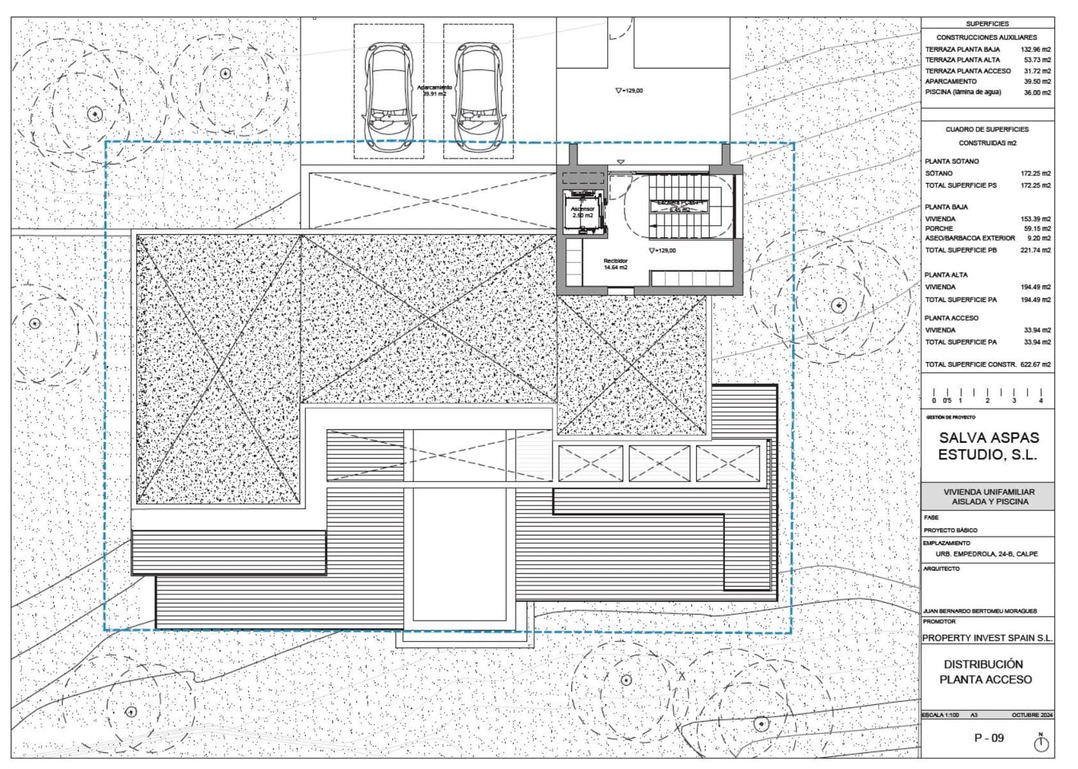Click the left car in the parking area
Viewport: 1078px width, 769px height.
point(389,98)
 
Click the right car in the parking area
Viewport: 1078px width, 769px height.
point(478,98)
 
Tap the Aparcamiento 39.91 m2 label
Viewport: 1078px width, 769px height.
point(435,91)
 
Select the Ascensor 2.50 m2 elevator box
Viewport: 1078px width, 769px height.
point(583,212)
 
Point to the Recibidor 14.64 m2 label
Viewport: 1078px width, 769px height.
point(615,264)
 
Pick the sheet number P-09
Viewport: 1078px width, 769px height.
point(989,738)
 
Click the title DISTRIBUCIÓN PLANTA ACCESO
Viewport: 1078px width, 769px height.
point(986,672)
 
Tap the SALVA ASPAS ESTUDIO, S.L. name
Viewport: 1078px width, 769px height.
point(988,446)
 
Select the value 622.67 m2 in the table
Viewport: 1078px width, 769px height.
point(1036,365)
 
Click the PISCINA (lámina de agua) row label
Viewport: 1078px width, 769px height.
point(963,92)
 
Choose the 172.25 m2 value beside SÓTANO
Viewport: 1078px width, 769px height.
point(1036,174)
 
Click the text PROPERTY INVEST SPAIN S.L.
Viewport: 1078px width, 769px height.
point(987,638)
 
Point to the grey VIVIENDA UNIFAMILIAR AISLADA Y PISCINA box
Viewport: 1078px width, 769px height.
point(988,497)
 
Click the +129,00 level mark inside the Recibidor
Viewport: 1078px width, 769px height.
point(663,251)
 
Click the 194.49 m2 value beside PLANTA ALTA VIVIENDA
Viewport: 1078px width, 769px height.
point(1036,287)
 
